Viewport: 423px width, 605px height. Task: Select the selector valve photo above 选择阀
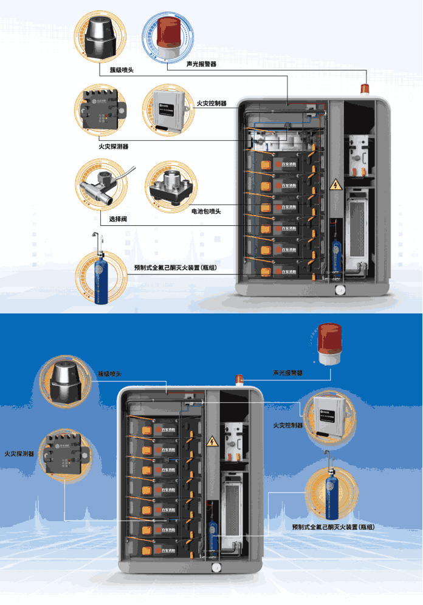(101, 183)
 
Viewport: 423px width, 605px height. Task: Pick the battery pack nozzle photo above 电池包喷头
(171, 183)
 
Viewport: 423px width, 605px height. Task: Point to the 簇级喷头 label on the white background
(122, 70)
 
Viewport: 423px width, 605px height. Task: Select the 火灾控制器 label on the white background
(212, 104)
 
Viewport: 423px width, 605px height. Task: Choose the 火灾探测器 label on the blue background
(20, 454)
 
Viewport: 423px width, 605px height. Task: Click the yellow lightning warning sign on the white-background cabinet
(334, 185)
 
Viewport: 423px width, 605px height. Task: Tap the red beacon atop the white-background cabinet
(365, 89)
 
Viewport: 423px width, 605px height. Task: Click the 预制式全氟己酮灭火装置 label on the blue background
(332, 527)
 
